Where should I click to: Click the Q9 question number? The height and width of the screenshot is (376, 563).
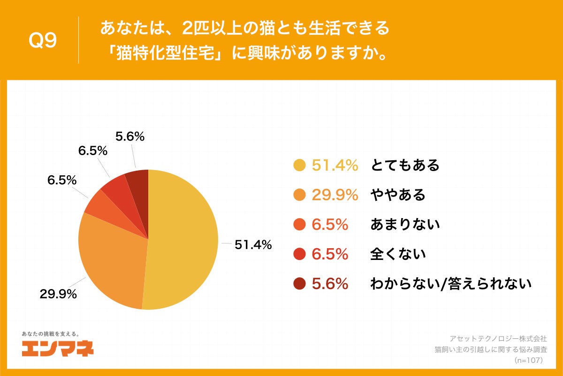43,41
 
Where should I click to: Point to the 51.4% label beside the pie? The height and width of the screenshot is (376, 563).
253,245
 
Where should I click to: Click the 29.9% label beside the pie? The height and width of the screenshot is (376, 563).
58,294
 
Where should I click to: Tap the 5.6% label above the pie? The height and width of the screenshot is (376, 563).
129,137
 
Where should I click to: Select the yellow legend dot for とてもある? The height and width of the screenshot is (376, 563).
299,165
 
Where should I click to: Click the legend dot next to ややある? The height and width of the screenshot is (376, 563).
299,195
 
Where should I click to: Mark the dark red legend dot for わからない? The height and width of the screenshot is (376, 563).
299,284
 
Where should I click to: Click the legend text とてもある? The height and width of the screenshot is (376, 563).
405,165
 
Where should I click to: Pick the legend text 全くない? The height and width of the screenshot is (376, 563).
398,254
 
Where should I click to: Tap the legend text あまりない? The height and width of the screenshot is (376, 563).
405,225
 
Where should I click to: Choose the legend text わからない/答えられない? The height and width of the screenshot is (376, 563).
450,284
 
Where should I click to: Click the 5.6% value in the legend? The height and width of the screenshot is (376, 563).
330,284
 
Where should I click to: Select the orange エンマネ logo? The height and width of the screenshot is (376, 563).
58,348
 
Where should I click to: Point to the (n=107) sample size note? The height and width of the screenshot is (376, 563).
528,360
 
